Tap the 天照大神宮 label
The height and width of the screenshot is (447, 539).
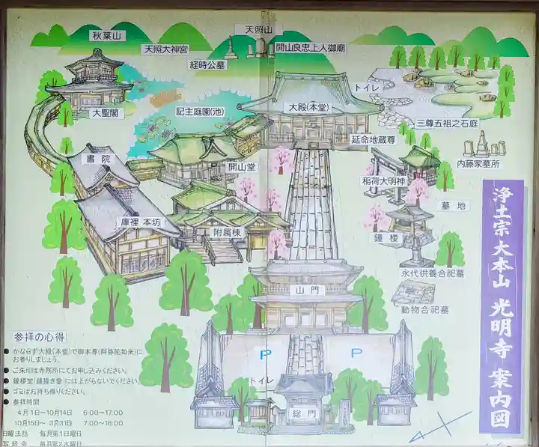point(165,49)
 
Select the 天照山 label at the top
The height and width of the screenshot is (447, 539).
point(259,29)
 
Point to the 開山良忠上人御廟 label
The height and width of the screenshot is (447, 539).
point(310,47)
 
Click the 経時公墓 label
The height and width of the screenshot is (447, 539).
point(207,64)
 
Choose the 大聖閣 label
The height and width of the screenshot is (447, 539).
point(106,114)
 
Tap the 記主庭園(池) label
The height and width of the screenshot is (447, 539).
point(200,111)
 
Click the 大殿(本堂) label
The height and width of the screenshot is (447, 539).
point(311,107)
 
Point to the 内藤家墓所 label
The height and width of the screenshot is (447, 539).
point(479,162)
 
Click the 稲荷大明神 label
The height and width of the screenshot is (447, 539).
point(386,180)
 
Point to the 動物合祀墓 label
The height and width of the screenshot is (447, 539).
point(424,308)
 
